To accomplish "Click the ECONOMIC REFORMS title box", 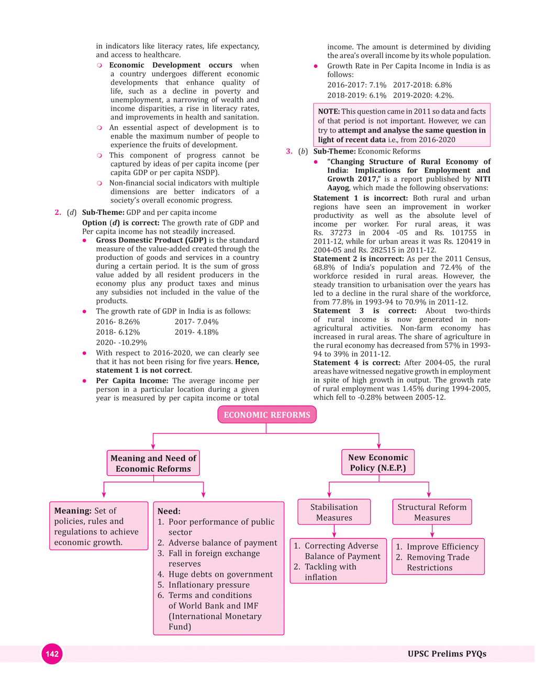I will [267, 415].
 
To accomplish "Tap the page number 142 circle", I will [52, 654].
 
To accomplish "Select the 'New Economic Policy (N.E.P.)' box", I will [378, 462].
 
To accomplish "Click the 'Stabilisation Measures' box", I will [334, 512].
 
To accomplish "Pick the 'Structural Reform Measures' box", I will [432, 512].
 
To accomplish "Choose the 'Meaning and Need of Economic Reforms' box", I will [153, 463].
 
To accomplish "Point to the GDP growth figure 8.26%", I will [129, 322].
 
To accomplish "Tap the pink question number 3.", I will [289, 151].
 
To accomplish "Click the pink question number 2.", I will [58, 212].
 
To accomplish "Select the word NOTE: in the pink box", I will [329, 111].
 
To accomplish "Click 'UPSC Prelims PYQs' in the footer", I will [446, 654].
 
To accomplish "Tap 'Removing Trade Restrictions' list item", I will [438, 562].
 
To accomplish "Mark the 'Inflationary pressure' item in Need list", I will [208, 585].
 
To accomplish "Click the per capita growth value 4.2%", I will [444, 95].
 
